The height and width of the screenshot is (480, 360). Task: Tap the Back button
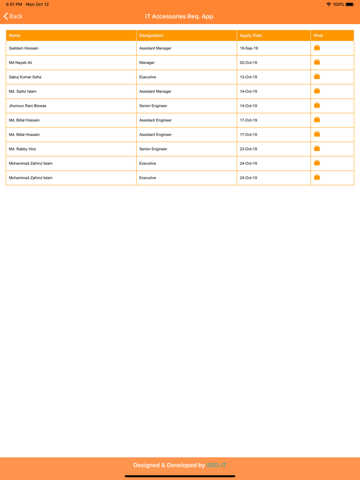(x=13, y=16)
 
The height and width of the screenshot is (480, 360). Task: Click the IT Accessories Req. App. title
(x=179, y=16)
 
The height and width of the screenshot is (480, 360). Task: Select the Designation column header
(x=151, y=35)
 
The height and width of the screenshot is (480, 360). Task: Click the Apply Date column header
(x=250, y=35)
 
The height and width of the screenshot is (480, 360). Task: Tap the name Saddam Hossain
(x=24, y=48)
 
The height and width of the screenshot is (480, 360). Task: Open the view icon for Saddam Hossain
(x=317, y=48)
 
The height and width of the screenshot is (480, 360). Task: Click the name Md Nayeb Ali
(x=21, y=63)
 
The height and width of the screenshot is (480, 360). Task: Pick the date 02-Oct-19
(x=248, y=63)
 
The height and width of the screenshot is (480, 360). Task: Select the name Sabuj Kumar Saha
(x=25, y=77)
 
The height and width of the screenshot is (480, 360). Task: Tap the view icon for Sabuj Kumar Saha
(x=317, y=77)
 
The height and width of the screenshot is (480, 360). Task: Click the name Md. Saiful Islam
(x=23, y=91)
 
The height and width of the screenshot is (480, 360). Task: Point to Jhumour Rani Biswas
(x=28, y=106)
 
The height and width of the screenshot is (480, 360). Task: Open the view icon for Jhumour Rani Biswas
(x=317, y=105)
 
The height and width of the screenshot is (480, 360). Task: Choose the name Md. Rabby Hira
(x=22, y=149)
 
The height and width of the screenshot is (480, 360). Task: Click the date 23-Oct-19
(x=248, y=149)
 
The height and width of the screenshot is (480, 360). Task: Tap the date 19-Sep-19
(x=249, y=48)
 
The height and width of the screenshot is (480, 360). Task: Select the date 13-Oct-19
(x=248, y=77)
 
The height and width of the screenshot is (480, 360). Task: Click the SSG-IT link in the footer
(x=217, y=465)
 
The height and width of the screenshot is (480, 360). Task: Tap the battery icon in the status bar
(x=350, y=4)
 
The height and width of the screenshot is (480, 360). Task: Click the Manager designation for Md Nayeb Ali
(x=147, y=63)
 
